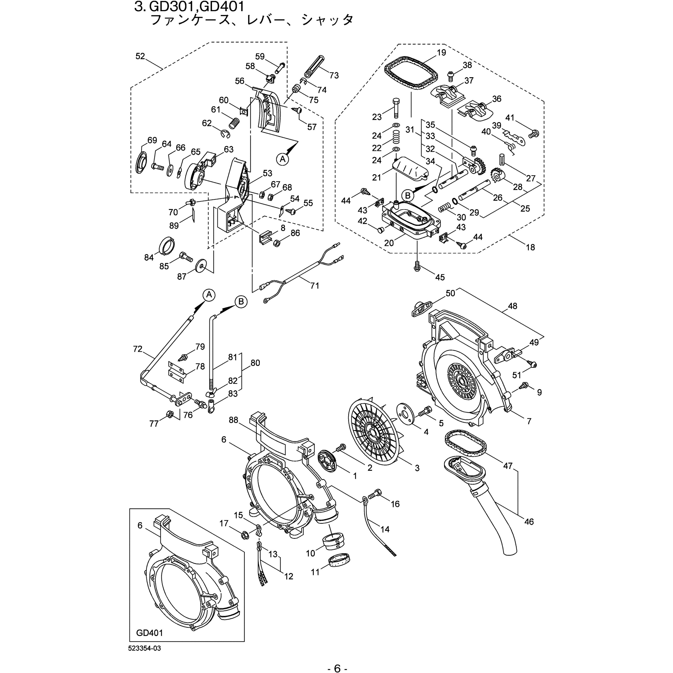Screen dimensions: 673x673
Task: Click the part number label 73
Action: point(334,75)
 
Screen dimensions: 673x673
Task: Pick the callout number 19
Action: point(441,52)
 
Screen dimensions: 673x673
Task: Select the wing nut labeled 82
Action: point(211,394)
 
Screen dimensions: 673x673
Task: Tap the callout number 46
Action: point(529,522)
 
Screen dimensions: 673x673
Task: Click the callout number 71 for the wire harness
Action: point(315,285)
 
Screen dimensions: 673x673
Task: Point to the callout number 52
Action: point(140,56)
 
